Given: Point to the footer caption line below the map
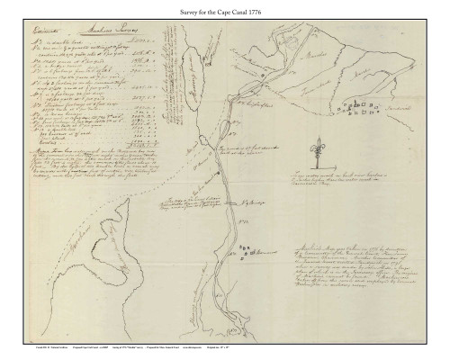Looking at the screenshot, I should point(225,344).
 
